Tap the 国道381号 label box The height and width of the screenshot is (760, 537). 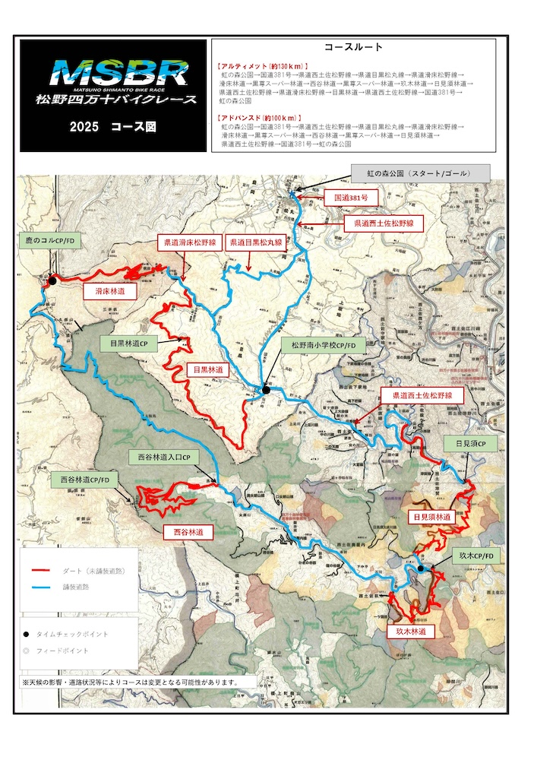pos(351,196)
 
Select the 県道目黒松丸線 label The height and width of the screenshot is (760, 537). pos(256,243)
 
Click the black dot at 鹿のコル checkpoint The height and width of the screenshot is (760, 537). pos(52,281)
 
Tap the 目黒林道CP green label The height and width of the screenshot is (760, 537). pos(128,344)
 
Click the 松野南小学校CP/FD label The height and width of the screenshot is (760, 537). pos(323,344)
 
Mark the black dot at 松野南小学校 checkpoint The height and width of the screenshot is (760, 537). pos(267,389)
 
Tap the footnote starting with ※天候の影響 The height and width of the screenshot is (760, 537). pos(131,682)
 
